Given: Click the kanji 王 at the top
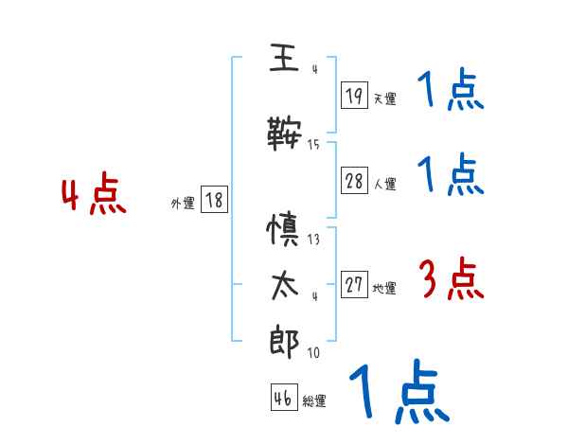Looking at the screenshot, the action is [283, 60].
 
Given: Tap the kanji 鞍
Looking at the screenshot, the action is [283, 133].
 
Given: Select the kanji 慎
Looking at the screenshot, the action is [283, 230].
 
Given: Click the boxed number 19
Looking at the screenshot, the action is [355, 95].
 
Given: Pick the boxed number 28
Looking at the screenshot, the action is [355, 182].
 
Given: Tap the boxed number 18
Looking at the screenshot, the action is [214, 201].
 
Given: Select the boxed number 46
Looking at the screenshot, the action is [283, 398].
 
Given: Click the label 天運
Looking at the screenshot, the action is [384, 98].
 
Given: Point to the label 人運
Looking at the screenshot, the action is [384, 186].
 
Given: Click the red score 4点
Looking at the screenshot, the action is [93, 197].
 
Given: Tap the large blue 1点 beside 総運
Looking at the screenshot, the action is [398, 393].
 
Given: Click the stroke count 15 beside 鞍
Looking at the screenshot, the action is [313, 145].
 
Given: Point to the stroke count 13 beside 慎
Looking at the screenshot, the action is [313, 240].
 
